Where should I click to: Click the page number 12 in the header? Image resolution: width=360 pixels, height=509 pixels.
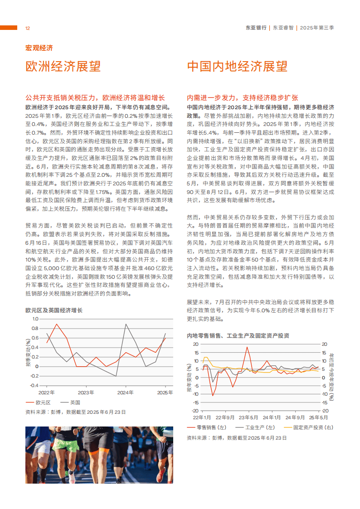click(27, 28)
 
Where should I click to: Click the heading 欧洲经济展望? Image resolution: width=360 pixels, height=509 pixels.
click(63, 66)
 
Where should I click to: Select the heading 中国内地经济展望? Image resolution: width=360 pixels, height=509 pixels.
click(237, 66)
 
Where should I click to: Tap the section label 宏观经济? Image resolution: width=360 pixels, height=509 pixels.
click(39, 48)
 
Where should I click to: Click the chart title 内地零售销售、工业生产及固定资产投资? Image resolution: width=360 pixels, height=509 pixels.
click(238, 336)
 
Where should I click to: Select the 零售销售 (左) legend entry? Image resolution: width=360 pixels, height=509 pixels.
click(207, 427)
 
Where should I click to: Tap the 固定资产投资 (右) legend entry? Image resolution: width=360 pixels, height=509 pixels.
click(308, 427)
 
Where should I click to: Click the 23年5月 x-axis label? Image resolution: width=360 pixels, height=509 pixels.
click(248, 417)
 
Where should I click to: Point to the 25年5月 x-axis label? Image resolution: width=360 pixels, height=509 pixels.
click(318, 417)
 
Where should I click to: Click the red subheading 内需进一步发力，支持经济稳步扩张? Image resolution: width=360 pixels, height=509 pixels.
click(242, 98)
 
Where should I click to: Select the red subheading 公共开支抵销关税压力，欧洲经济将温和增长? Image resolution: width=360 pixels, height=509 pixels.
click(95, 98)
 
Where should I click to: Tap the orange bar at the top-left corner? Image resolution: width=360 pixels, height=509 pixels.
click(9, 28)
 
